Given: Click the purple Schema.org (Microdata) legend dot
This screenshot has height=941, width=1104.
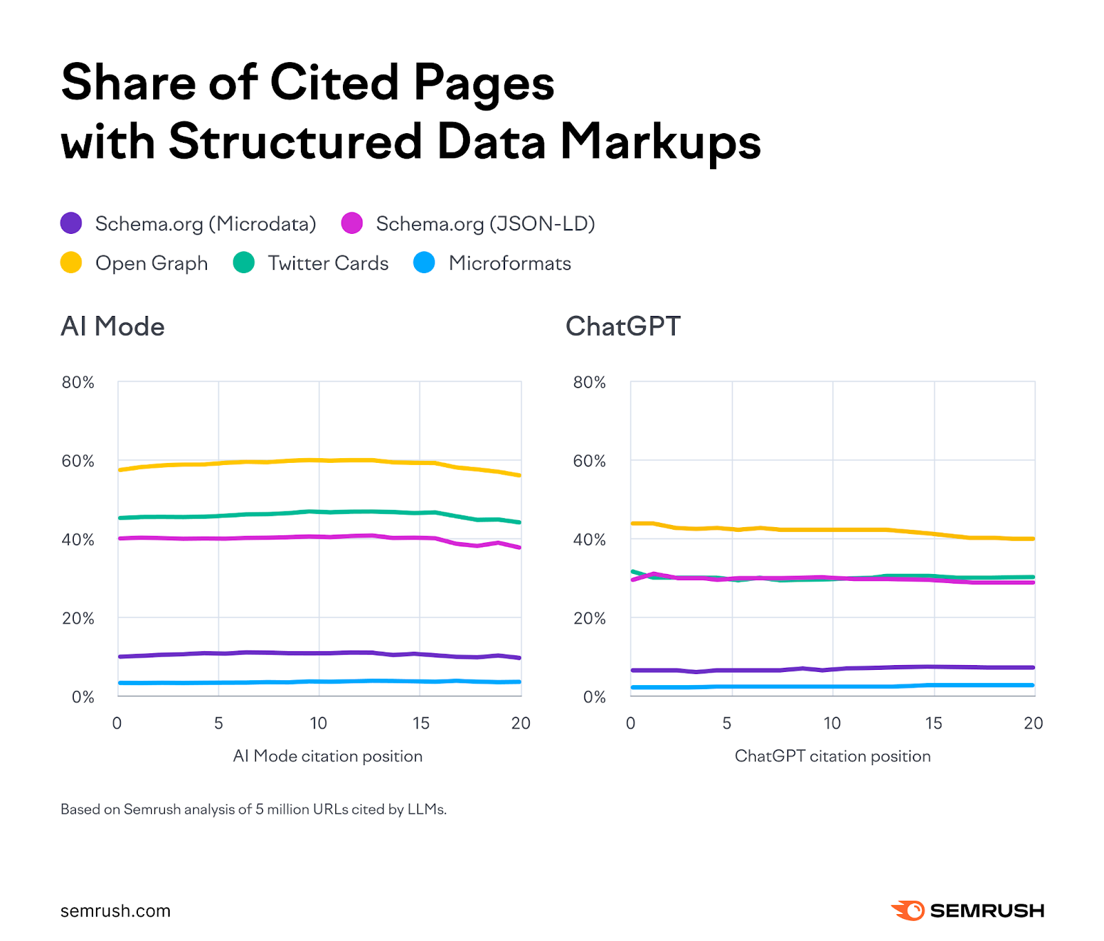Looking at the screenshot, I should click(71, 223).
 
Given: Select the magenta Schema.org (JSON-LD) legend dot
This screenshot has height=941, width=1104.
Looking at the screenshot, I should click(352, 223).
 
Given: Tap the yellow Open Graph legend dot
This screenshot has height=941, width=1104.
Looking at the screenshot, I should click(71, 262).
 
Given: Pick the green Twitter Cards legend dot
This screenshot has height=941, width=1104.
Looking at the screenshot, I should click(244, 262).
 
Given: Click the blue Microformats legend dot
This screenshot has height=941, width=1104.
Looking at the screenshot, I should click(424, 262).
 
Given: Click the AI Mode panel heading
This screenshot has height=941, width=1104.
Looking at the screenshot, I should click(112, 326).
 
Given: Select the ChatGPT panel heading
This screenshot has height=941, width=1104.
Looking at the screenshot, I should click(623, 326).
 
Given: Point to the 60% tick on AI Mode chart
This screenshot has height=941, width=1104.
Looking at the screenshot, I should click(78, 461).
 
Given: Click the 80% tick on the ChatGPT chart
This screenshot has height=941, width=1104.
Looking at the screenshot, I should click(589, 382).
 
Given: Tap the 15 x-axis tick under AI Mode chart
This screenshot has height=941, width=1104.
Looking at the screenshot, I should click(420, 723).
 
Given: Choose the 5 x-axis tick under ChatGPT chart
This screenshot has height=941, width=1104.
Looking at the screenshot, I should click(727, 723).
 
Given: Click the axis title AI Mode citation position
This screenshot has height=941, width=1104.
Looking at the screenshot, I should click(328, 756).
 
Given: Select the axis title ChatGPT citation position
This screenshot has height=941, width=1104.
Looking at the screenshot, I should click(832, 756).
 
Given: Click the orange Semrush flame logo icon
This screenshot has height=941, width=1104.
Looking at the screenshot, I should click(908, 911).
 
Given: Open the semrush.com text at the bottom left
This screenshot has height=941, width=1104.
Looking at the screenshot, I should click(115, 911).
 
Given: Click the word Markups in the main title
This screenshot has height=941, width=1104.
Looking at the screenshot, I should click(660, 141).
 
